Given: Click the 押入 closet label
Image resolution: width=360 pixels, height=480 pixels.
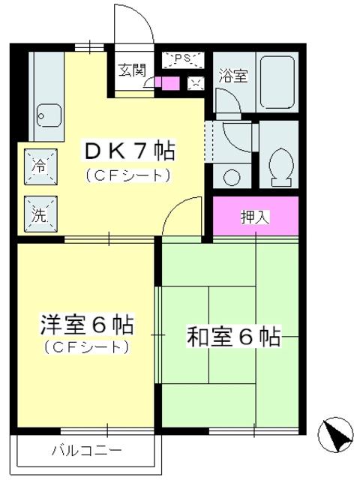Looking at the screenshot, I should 255,217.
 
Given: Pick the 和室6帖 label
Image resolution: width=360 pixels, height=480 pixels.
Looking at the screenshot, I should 233,337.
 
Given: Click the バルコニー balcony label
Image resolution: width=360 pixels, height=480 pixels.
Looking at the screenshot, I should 86,451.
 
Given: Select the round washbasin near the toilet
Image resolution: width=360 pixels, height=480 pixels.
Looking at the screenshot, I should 232,177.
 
